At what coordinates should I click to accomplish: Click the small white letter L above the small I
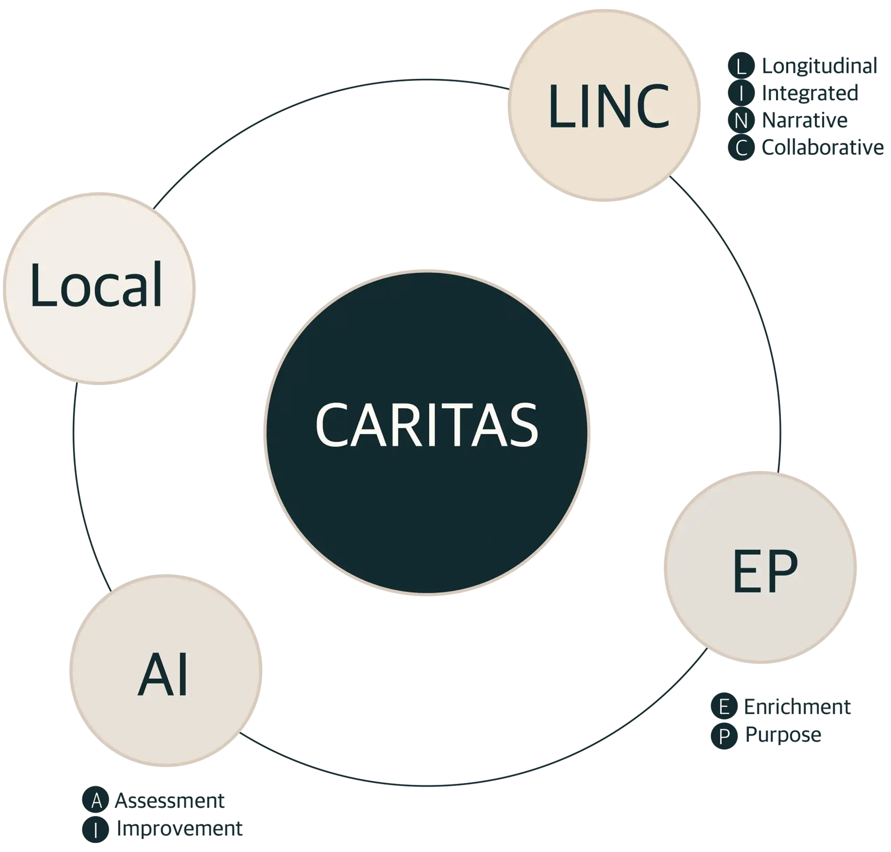point(741,67)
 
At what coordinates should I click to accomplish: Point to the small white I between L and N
point(741,94)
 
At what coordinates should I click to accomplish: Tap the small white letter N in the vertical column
point(741,121)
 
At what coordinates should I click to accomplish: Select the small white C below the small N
point(741,148)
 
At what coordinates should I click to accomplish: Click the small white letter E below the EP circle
point(724,707)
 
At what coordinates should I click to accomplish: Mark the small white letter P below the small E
point(724,737)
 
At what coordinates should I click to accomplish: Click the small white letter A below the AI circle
point(96,802)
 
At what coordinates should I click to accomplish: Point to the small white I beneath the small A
point(96,831)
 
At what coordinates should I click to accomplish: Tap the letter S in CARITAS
point(523,425)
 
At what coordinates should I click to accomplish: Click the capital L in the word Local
point(42,284)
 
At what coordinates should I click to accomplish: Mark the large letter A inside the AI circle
point(155,674)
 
